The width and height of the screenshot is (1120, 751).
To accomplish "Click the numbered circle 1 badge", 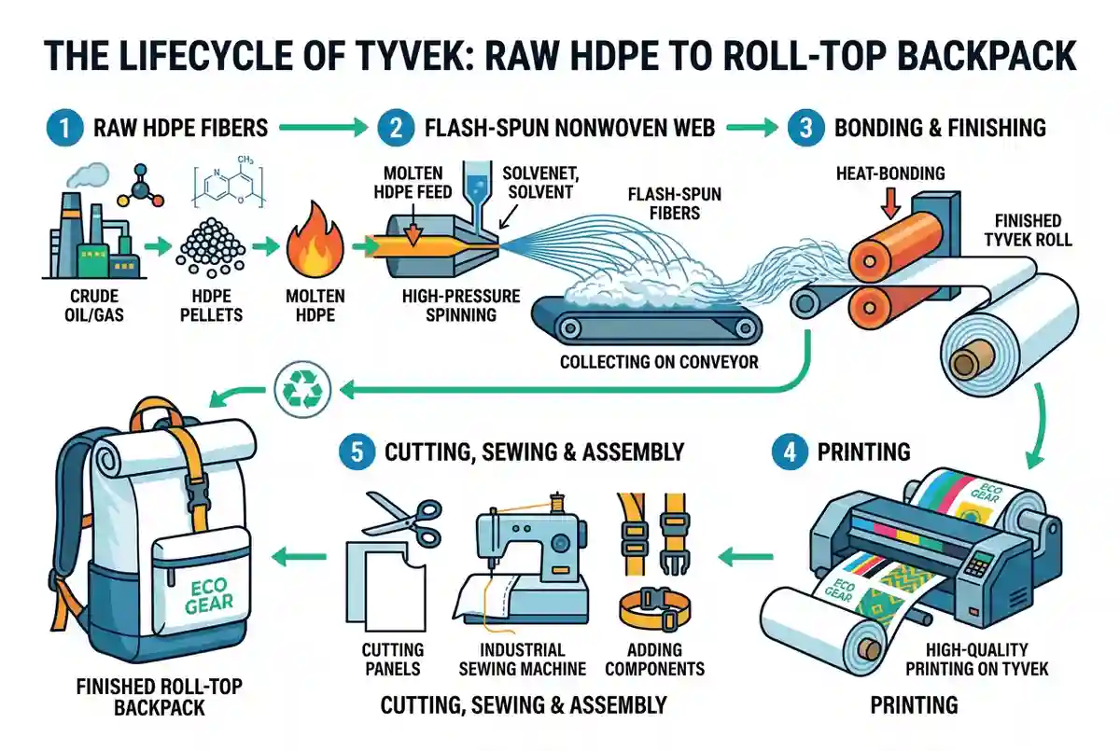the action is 64,128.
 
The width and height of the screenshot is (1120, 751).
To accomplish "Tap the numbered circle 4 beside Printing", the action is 790,452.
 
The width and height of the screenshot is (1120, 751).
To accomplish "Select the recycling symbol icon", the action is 302,389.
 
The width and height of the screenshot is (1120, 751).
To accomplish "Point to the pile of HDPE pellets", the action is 211,247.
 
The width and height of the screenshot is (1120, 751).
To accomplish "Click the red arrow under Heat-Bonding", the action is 890,202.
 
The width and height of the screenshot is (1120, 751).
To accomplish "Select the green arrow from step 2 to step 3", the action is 752,128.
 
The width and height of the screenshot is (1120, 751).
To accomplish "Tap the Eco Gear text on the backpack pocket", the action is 208,595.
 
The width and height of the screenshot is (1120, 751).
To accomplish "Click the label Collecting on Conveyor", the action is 659,362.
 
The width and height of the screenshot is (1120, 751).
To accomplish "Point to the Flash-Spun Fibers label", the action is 675,203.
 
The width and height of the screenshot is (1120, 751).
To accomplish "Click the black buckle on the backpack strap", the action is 196,487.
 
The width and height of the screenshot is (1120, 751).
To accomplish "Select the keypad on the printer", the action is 976,564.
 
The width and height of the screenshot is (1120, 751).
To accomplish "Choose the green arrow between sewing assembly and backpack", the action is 299,556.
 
